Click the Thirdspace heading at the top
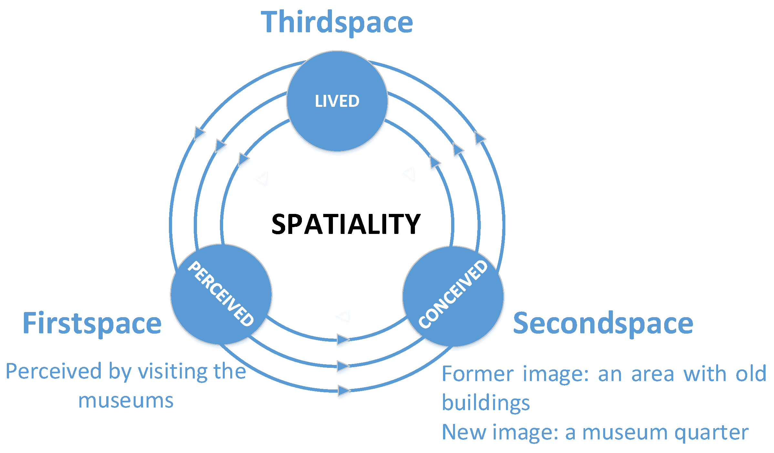[x=337, y=22]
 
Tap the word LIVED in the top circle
[x=337, y=101]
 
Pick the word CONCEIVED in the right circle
[x=453, y=294]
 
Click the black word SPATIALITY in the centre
[x=346, y=224]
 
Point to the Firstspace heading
[x=92, y=323]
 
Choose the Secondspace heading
[x=603, y=323]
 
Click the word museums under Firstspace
[x=126, y=400]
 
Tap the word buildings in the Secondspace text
[x=486, y=403]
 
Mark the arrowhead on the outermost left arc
[x=199, y=133]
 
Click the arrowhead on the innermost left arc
[x=243, y=159]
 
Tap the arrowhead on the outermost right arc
[x=480, y=138]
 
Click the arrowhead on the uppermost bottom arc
[x=343, y=339]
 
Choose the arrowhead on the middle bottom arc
[x=343, y=366]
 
